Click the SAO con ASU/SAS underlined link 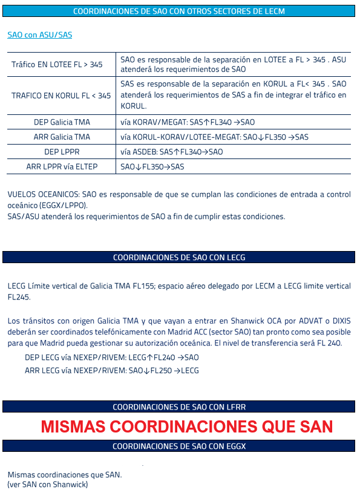pos(39,35)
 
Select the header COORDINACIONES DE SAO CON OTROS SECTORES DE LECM pos(178,11)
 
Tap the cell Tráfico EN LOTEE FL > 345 pos(57,65)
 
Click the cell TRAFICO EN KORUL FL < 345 pos(61,96)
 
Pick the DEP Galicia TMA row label pos(62,122)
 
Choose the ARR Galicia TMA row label pos(62,137)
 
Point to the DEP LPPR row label pos(62,152)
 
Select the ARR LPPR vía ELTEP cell pos(62,166)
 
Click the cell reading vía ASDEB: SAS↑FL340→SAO pos(171,152)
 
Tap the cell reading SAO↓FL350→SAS pos(152,166)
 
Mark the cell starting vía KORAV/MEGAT pos(188,122)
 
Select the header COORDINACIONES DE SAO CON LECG pos(178,258)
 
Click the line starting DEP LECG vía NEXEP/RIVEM pos(111,357)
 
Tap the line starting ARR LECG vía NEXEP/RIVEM pos(111,370)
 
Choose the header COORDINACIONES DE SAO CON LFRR pos(178,407)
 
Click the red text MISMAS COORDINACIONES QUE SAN pos(187,426)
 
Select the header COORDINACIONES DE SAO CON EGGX pos(178,446)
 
